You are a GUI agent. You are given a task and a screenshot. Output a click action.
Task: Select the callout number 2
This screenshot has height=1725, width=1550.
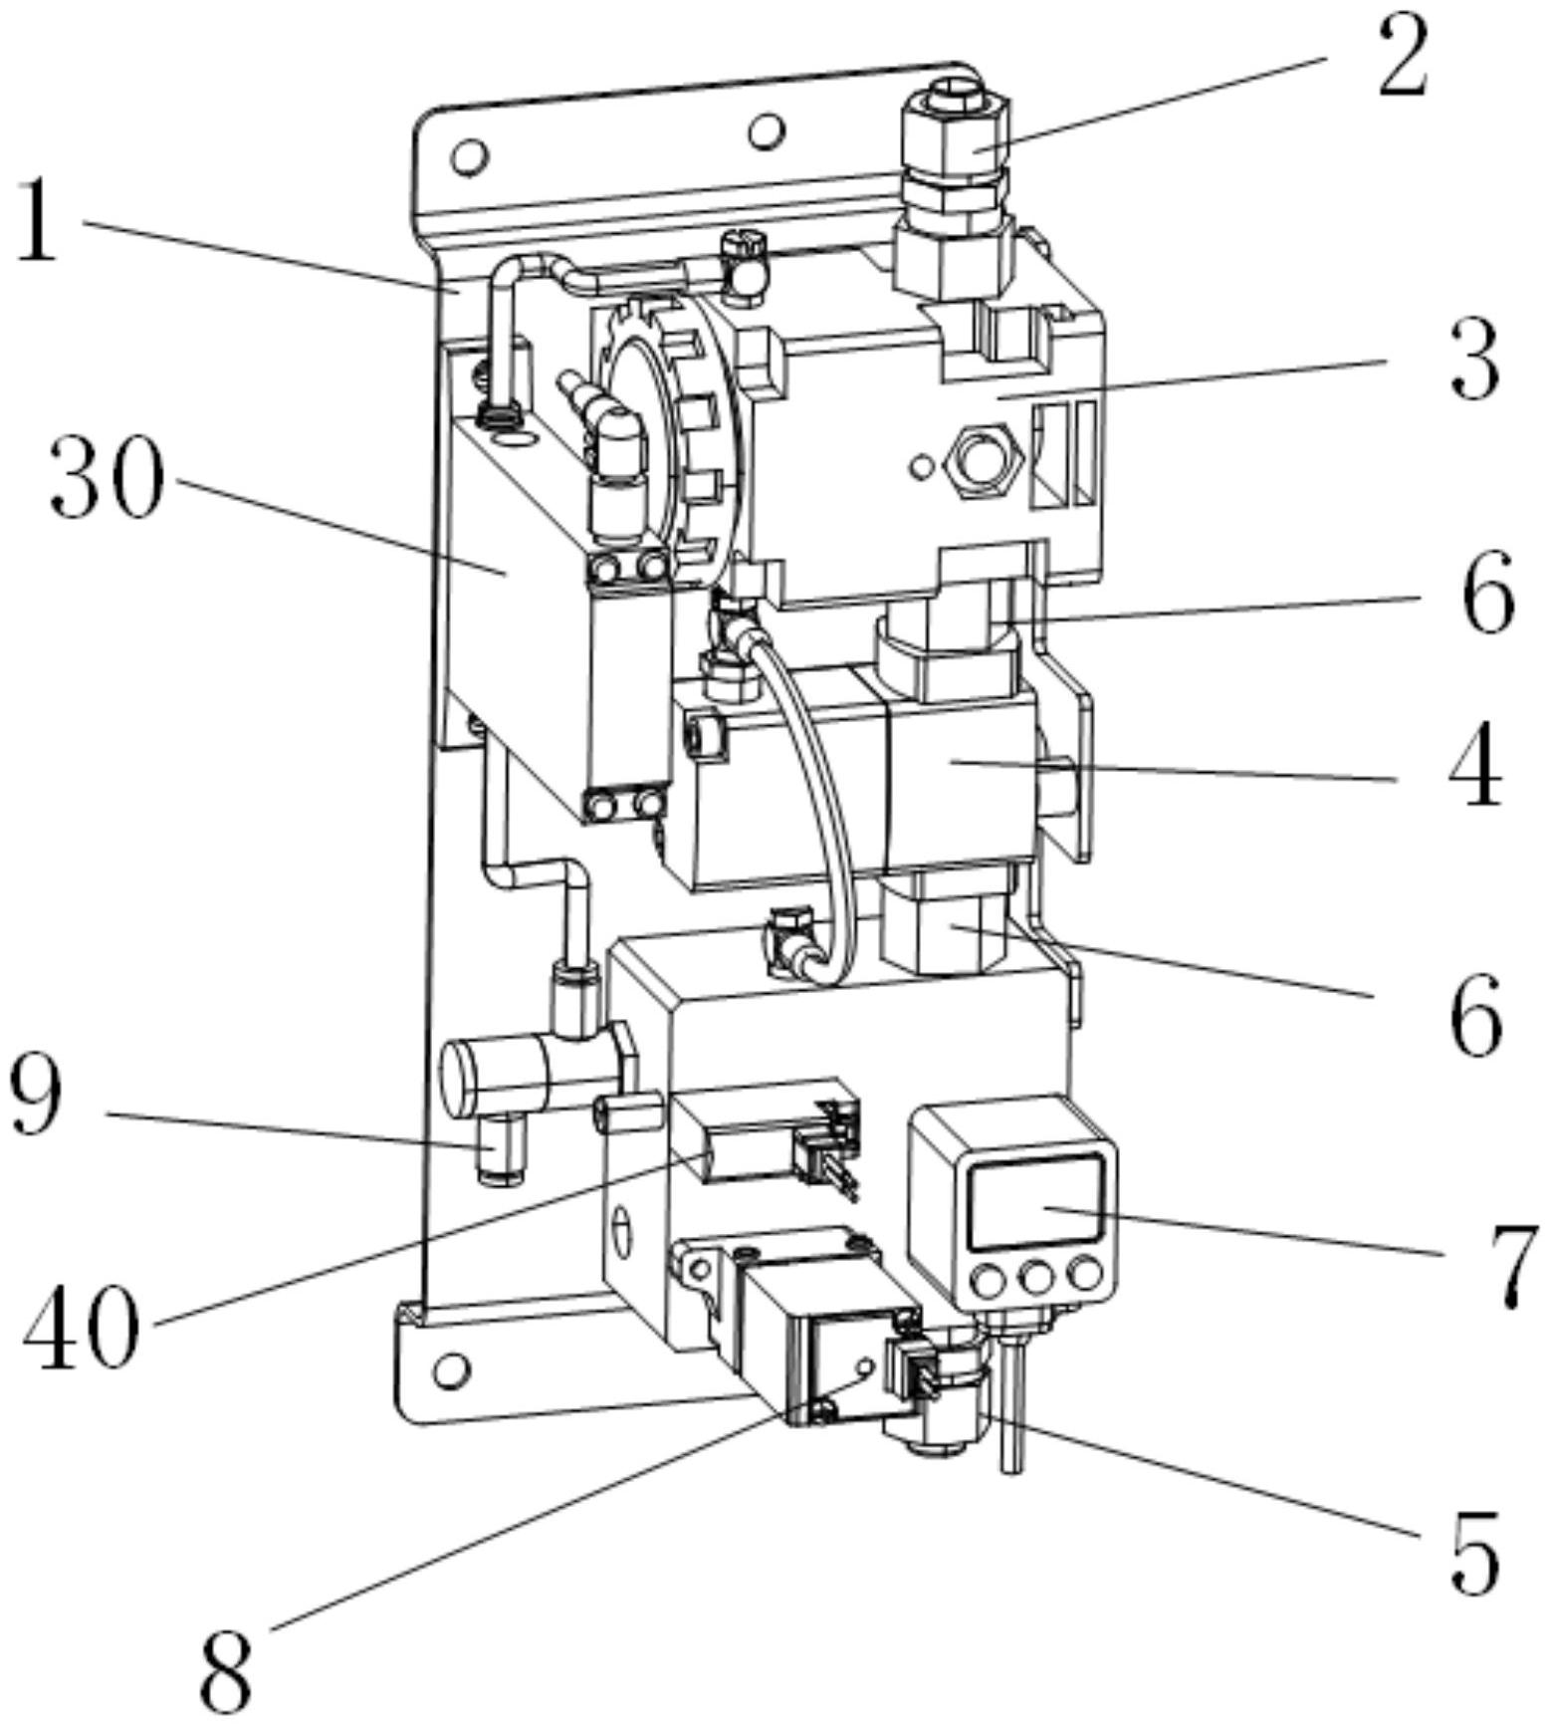(x=1403, y=57)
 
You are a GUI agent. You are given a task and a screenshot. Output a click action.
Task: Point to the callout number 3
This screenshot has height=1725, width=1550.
(x=1474, y=361)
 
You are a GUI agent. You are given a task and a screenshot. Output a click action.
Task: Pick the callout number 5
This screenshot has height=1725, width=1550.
(x=1474, y=1551)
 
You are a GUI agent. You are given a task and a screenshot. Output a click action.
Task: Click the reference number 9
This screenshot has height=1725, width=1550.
(x=37, y=1096)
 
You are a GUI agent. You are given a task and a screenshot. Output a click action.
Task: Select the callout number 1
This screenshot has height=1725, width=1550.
(x=38, y=221)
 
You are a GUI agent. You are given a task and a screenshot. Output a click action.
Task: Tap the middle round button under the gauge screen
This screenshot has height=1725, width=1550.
(x=1036, y=1276)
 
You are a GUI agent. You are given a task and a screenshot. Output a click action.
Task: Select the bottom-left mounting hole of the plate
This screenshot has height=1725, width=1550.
(x=452, y=1369)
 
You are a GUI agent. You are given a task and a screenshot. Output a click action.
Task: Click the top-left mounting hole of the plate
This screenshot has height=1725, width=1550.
(x=470, y=155)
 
